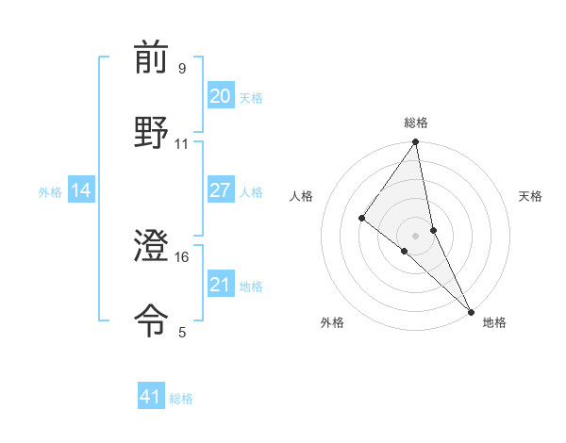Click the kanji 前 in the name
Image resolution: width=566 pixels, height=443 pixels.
point(151,58)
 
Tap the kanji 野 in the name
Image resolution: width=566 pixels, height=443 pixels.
point(151,132)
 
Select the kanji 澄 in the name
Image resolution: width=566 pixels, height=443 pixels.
point(151,247)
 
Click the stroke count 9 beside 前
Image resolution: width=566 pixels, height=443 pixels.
point(181,69)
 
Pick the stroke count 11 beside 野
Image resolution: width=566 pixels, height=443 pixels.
point(181,143)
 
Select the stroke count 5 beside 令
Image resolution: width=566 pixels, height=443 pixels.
point(181,332)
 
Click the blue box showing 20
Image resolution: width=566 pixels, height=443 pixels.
point(220,96)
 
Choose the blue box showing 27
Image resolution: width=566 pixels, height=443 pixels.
point(220,190)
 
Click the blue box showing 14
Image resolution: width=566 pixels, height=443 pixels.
point(81,190)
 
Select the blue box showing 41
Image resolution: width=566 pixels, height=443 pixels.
point(151,397)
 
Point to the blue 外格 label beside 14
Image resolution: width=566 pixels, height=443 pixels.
point(50,192)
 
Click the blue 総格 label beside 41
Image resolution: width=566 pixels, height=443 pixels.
point(182,399)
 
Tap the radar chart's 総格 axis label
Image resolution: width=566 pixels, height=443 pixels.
point(416,123)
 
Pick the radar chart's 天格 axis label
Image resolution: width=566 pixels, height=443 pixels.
point(531,196)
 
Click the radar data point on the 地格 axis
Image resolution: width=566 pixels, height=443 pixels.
point(471,311)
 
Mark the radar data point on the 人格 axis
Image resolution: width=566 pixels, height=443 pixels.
point(361,219)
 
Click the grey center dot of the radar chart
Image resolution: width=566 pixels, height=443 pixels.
point(416,235)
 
